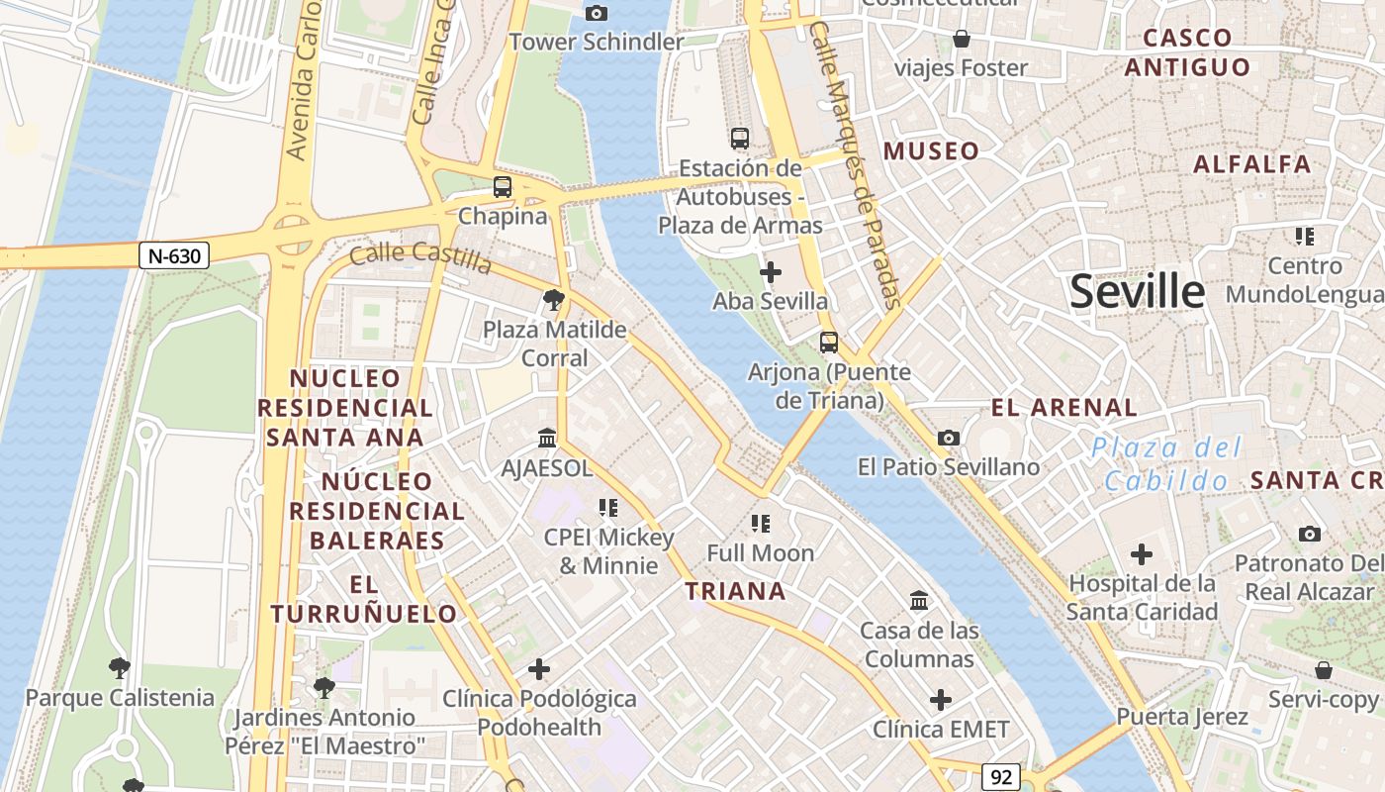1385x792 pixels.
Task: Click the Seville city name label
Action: pyautogui.click(x=1138, y=292)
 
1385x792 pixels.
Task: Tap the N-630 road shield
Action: pyautogui.click(x=174, y=256)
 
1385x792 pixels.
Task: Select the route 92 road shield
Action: pyautogui.click(x=1001, y=777)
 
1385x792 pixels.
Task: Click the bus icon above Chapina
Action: pyautogui.click(x=503, y=186)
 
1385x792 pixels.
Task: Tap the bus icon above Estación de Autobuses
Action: pyautogui.click(x=740, y=139)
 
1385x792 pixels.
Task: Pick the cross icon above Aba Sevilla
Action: pyautogui.click(x=771, y=272)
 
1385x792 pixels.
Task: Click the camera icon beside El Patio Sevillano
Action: pyautogui.click(x=948, y=438)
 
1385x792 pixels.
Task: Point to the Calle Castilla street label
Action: pyautogui.click(x=420, y=257)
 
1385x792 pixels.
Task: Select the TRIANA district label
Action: pyautogui.click(x=736, y=592)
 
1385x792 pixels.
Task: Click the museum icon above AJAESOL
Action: pyautogui.click(x=547, y=438)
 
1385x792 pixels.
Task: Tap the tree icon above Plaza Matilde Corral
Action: pyautogui.click(x=554, y=299)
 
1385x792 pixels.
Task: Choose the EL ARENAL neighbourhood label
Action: pyautogui.click(x=1064, y=407)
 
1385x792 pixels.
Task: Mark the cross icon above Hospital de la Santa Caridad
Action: pyautogui.click(x=1142, y=554)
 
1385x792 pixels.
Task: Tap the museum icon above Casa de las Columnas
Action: pyautogui.click(x=919, y=600)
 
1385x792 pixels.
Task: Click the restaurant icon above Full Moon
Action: pyautogui.click(x=760, y=523)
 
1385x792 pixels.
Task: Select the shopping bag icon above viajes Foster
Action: pyautogui.click(x=961, y=39)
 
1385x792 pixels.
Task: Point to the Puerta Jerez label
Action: pyautogui.click(x=1182, y=716)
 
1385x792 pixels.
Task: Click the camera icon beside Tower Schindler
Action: pyautogui.click(x=596, y=13)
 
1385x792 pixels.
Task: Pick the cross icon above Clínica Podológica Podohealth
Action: pyautogui.click(x=539, y=669)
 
